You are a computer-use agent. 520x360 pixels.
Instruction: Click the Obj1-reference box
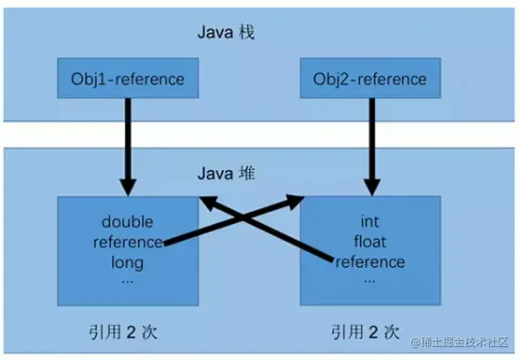point(128,77)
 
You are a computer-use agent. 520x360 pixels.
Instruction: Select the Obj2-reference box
point(370,77)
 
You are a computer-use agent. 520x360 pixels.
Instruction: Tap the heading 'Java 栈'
point(229,34)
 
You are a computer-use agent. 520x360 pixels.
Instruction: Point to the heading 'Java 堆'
point(229,175)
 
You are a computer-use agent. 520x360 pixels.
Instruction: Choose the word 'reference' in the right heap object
point(370,261)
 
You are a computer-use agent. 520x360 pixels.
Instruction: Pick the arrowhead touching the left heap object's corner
point(206,201)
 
